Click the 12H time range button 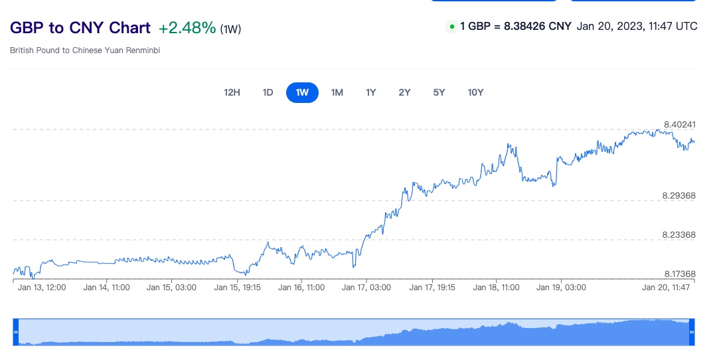(x=232, y=92)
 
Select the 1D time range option (x=268, y=92)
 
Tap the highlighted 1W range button (x=302, y=92)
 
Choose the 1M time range (x=337, y=92)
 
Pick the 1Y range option (x=370, y=92)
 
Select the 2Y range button (x=404, y=92)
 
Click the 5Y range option (x=439, y=92)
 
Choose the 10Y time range (x=475, y=92)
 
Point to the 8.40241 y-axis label (x=679, y=124)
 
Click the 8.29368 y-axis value (x=679, y=195)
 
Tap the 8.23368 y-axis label (x=679, y=234)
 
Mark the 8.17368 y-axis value (x=679, y=274)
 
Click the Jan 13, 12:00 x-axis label (x=42, y=288)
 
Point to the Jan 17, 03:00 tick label (x=366, y=288)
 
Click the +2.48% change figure (x=187, y=28)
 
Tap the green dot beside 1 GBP (x=452, y=27)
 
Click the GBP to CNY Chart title (x=80, y=28)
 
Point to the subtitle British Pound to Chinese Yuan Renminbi (x=85, y=50)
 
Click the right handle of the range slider (x=691, y=332)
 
